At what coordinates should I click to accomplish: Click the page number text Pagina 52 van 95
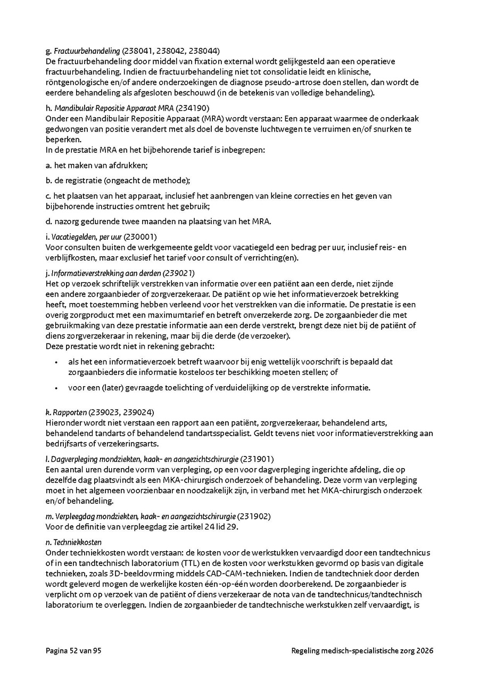[x=73, y=651]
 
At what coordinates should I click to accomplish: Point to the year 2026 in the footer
[x=425, y=651]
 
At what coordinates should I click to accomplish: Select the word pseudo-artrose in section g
[x=299, y=82]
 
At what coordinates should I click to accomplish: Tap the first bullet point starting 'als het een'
[x=56, y=362]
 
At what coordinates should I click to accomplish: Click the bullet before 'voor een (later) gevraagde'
[x=56, y=388]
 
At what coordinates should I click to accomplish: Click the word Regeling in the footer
[x=305, y=651]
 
